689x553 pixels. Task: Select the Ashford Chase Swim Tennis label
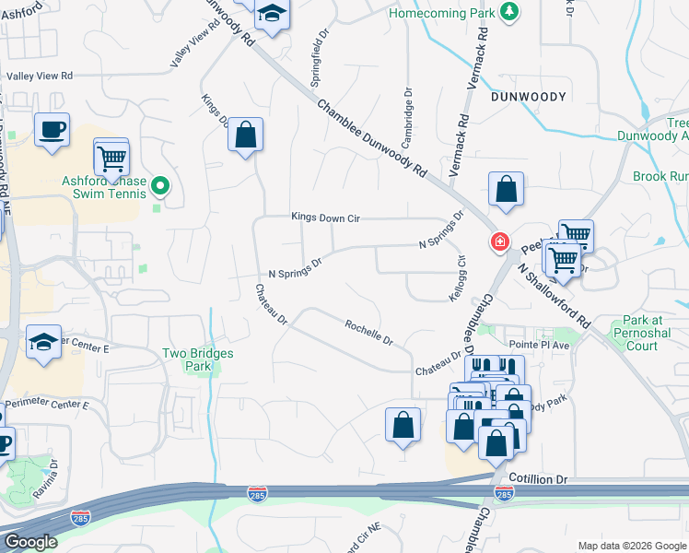click(x=104, y=187)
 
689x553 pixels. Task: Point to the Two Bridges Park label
click(x=198, y=359)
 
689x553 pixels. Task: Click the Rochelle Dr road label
click(x=369, y=332)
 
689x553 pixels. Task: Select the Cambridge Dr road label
click(x=406, y=118)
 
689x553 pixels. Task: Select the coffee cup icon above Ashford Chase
click(x=52, y=129)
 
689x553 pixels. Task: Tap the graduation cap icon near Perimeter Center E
click(x=43, y=342)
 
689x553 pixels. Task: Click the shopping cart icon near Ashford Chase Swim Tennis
click(x=111, y=156)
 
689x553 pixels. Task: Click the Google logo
click(x=30, y=542)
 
